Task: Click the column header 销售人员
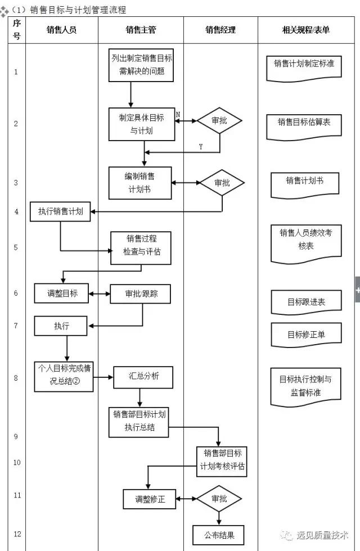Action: pyautogui.click(x=61, y=30)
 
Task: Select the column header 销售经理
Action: pyautogui.click(x=220, y=30)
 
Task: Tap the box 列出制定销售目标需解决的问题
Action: pyautogui.click(x=142, y=65)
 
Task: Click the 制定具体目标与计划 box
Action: pyautogui.click(x=142, y=124)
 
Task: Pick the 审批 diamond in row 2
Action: pyautogui.click(x=219, y=121)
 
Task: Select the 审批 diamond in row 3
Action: pyautogui.click(x=222, y=183)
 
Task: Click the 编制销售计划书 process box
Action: pyautogui.click(x=139, y=183)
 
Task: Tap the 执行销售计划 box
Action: pyautogui.click(x=60, y=211)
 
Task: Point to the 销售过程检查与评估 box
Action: pyautogui.click(x=141, y=245)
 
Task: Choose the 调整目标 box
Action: pyautogui.click(x=61, y=293)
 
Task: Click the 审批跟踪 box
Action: pyautogui.click(x=140, y=293)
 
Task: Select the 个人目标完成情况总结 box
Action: pyautogui.click(x=64, y=376)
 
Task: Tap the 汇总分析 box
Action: pyautogui.click(x=143, y=376)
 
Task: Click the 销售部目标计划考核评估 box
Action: pyautogui.click(x=222, y=460)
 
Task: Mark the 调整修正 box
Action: pyautogui.click(x=150, y=499)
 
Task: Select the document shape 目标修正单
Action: pyautogui.click(x=306, y=335)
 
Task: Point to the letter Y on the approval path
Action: pyautogui.click(x=201, y=147)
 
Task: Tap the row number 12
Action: pyautogui.click(x=17, y=534)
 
